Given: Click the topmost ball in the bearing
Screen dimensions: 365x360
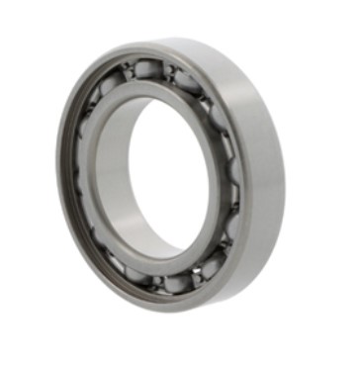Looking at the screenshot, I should click(148, 69).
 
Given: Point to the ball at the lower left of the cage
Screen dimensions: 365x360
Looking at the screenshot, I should click(112, 260).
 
